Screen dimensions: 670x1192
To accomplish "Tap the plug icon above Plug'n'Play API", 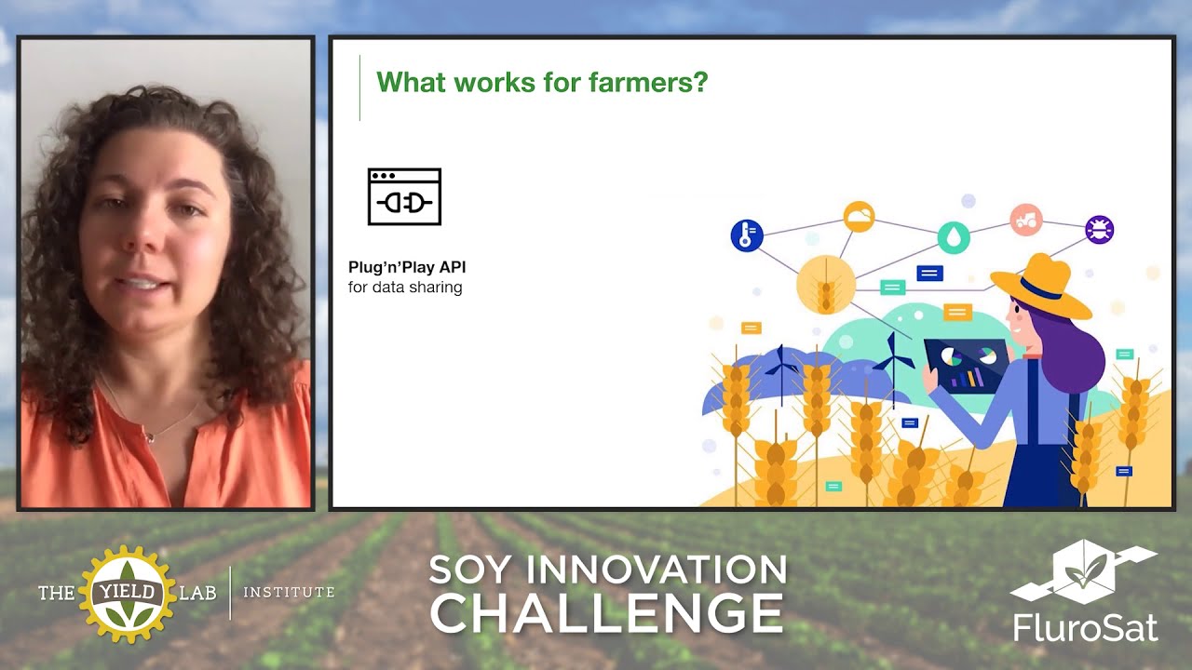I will pyautogui.click(x=404, y=197).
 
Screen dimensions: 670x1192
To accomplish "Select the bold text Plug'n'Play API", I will pyautogui.click(x=407, y=267).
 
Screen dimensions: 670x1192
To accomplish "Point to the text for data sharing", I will pyautogui.click(x=405, y=288).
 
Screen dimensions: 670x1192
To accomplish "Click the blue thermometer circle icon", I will pyautogui.click(x=747, y=235).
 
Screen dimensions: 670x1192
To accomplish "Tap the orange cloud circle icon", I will pyautogui.click(x=859, y=217).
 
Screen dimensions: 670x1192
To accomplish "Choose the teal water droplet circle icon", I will pyautogui.click(x=954, y=238).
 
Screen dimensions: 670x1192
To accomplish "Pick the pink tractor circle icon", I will pyautogui.click(x=1026, y=220).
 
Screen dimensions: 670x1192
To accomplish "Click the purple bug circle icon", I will pyautogui.click(x=1100, y=229).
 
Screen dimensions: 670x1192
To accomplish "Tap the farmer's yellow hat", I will pyautogui.click(x=1041, y=286).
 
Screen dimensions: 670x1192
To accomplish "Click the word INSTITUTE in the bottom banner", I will pyautogui.click(x=289, y=592).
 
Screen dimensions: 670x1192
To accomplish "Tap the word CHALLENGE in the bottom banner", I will pyautogui.click(x=606, y=613).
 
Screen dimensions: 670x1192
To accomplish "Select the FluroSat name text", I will pyautogui.click(x=1086, y=626).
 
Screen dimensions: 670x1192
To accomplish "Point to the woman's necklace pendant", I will pyautogui.click(x=147, y=436).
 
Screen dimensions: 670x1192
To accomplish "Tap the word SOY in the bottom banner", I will pyautogui.click(x=471, y=569).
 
